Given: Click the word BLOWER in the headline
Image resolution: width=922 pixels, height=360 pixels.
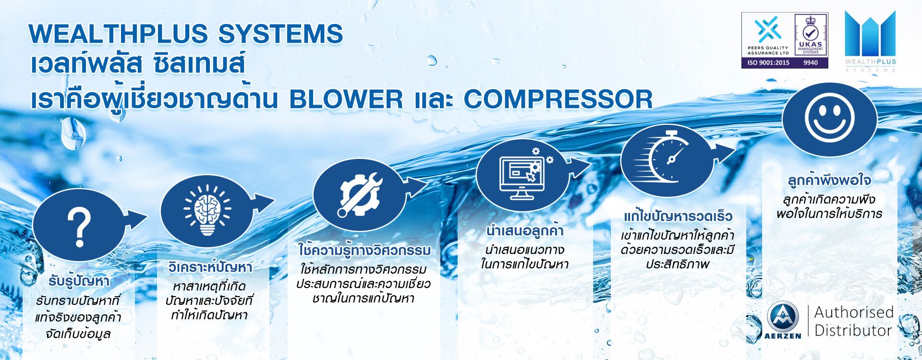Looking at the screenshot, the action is tap(346, 99).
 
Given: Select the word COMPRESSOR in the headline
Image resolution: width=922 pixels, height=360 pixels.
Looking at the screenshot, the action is tap(558, 99).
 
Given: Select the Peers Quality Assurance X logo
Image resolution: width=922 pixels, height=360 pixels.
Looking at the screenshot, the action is tap(768, 29).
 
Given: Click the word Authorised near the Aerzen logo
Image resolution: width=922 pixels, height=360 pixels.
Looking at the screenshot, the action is tap(854, 312).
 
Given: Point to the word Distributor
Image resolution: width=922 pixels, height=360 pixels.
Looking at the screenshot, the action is tap(853, 331).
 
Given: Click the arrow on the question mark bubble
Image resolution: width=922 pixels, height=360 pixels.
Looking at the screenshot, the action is tap(135, 219).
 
